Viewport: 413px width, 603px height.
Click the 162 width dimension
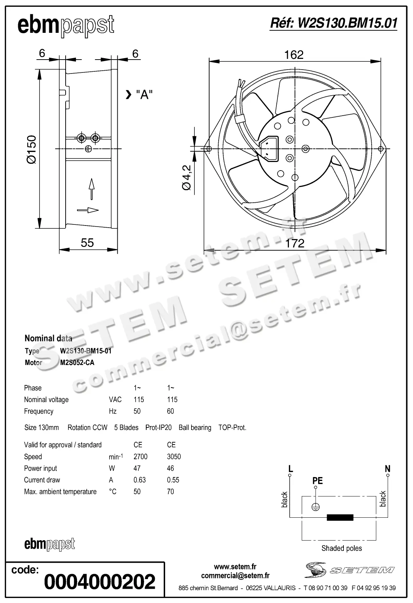(294, 55)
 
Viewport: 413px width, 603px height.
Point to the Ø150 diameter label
(31, 150)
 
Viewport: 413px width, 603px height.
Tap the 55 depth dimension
(87, 243)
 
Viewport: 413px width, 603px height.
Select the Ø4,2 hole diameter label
(187, 177)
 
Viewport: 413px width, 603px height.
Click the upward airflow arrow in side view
(92, 188)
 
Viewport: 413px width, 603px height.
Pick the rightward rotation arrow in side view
(88, 210)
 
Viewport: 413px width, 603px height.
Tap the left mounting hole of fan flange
(209, 149)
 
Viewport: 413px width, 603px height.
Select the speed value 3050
(174, 456)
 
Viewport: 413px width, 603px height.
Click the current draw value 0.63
(139, 480)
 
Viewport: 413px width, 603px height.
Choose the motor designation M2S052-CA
(77, 363)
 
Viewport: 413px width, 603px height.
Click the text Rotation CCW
(87, 427)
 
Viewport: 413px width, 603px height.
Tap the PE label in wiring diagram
(317, 481)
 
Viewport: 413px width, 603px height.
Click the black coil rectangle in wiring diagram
(340, 517)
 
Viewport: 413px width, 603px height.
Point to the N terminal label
(388, 468)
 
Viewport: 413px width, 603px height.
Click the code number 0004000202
(100, 582)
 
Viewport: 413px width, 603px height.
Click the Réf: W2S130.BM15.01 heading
(333, 24)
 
